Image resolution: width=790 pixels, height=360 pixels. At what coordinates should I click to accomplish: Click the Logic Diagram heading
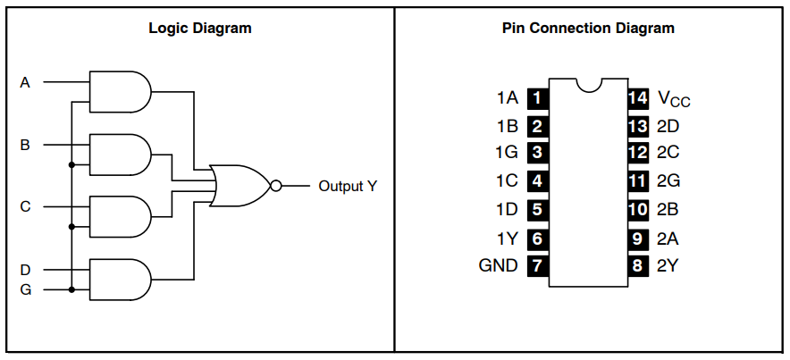tap(200, 29)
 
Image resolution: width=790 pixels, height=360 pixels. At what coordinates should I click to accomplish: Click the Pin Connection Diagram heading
tap(588, 29)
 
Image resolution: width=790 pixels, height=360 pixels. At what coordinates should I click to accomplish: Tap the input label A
tap(25, 82)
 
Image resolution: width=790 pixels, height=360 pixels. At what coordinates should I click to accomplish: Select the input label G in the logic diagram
tap(25, 290)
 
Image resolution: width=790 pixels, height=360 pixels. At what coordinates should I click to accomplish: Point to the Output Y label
tap(348, 187)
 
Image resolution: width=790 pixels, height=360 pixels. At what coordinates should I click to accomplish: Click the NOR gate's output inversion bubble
tap(275, 186)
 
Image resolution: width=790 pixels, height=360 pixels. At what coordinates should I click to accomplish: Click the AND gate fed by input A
tap(120, 92)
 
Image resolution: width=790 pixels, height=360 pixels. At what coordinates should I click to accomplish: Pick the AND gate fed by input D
tap(120, 280)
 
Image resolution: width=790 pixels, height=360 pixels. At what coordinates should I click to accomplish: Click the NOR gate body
tap(240, 186)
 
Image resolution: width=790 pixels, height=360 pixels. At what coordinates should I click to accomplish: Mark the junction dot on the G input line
tap(71, 289)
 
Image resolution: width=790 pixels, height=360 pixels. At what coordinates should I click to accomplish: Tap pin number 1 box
tap(538, 97)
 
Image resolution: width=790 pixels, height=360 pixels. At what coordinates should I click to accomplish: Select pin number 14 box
tap(638, 97)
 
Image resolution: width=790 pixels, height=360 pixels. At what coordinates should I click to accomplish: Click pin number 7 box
tap(538, 265)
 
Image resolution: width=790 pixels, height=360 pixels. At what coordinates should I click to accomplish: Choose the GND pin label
tap(499, 265)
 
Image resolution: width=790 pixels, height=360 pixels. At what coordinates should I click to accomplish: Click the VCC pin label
tap(674, 98)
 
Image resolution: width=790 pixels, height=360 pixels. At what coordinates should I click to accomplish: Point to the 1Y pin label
tap(508, 238)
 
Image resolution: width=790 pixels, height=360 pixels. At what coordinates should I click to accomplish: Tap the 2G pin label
tap(668, 180)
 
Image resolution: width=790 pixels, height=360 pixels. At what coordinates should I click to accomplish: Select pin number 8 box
tap(638, 265)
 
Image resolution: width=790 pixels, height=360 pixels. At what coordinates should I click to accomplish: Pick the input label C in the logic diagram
tap(25, 207)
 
